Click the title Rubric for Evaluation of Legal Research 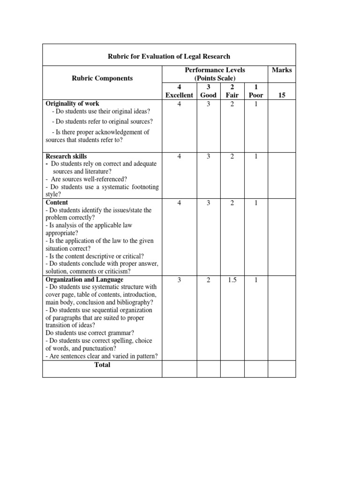coord(169,56)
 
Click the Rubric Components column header coord(103,78)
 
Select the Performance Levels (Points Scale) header coord(215,74)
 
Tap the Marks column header coord(281,70)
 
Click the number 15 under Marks coord(281,95)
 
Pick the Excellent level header coord(179,95)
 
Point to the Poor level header coord(256,95)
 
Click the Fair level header coord(232,95)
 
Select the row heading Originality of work coord(72,104)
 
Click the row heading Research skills coord(66,156)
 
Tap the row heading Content coord(57,202)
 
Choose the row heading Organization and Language coord(84,279)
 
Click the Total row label coord(102,365)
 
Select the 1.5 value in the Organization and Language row coord(232,280)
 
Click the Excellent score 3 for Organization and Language coord(179,280)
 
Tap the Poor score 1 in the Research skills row coord(256,157)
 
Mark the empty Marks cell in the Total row coord(281,368)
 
